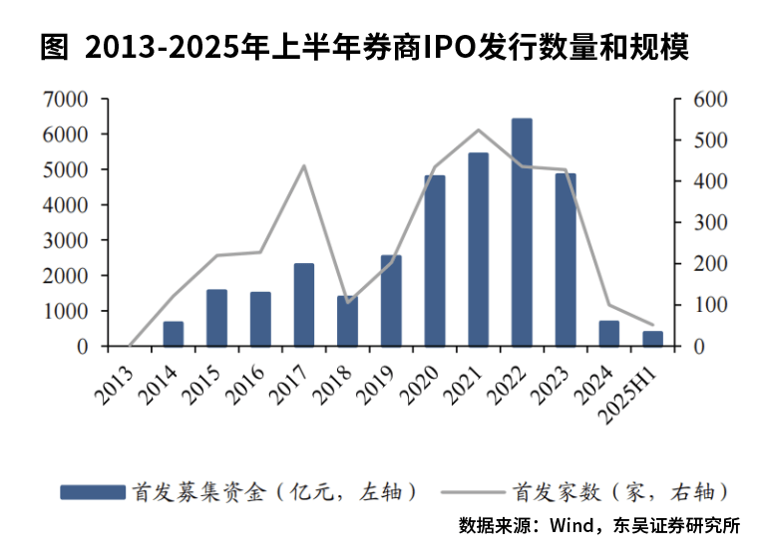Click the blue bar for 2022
[x=522, y=233]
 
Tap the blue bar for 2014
[x=174, y=334]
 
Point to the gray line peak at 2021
[x=478, y=131]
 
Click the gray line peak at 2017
[x=304, y=165]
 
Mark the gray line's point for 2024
[x=608, y=305]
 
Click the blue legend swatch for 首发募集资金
[x=92, y=491]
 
